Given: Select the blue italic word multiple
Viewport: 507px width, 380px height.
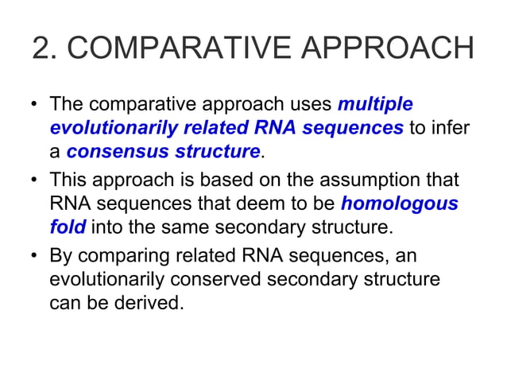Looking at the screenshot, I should click(375, 104).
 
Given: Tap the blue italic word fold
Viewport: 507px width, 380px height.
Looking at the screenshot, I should click(68, 227).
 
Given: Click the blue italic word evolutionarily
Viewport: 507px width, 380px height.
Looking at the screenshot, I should click(110, 128).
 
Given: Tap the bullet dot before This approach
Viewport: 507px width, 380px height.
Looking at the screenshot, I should click(35, 180).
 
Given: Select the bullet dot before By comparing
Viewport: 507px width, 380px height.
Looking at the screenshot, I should click(35, 257).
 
